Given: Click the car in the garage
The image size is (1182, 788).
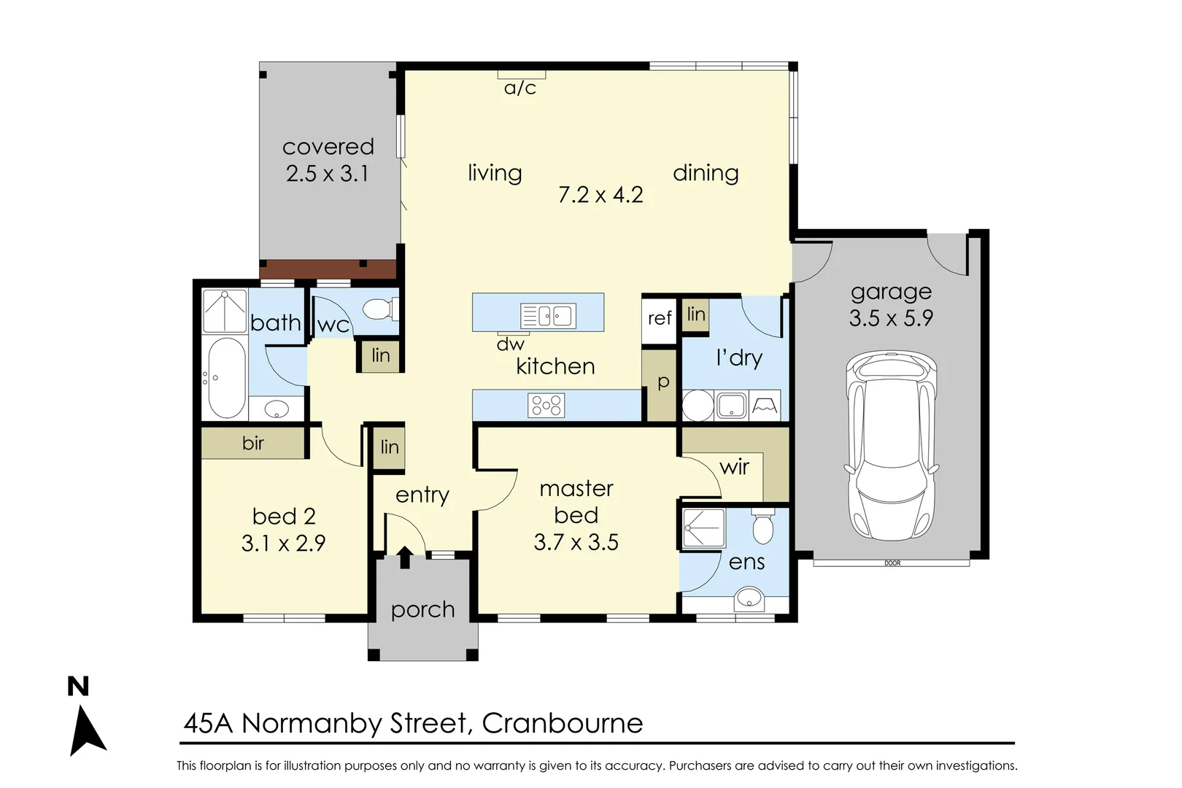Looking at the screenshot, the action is pos(892,446).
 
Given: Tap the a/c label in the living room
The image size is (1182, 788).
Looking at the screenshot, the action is pos(519,88).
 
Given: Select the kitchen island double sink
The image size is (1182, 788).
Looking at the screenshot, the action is pos(548,316).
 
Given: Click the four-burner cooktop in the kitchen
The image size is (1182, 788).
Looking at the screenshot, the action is pos(546,406).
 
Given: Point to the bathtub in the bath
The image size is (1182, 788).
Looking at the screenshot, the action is pos(227,378).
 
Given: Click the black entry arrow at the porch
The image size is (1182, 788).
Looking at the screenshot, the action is pos(405,557).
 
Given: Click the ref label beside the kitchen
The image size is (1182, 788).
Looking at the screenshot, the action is pos(660,318).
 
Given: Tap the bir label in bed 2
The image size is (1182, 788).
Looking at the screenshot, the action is pos(252,443).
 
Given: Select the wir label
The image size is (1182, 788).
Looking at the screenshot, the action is pos(734,466).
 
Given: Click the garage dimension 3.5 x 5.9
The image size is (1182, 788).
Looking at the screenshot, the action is pos(891,318).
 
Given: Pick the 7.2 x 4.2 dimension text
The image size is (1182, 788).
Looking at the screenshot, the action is pos(600,196).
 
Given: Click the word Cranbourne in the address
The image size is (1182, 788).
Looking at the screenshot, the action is pos(563,723).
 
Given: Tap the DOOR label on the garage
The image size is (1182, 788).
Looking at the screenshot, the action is pos(892,563).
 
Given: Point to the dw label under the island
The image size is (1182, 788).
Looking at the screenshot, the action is pos(510,344).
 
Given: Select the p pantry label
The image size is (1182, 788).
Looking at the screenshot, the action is pos(663,382).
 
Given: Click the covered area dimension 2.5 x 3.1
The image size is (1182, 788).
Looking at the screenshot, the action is pos(327,174).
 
